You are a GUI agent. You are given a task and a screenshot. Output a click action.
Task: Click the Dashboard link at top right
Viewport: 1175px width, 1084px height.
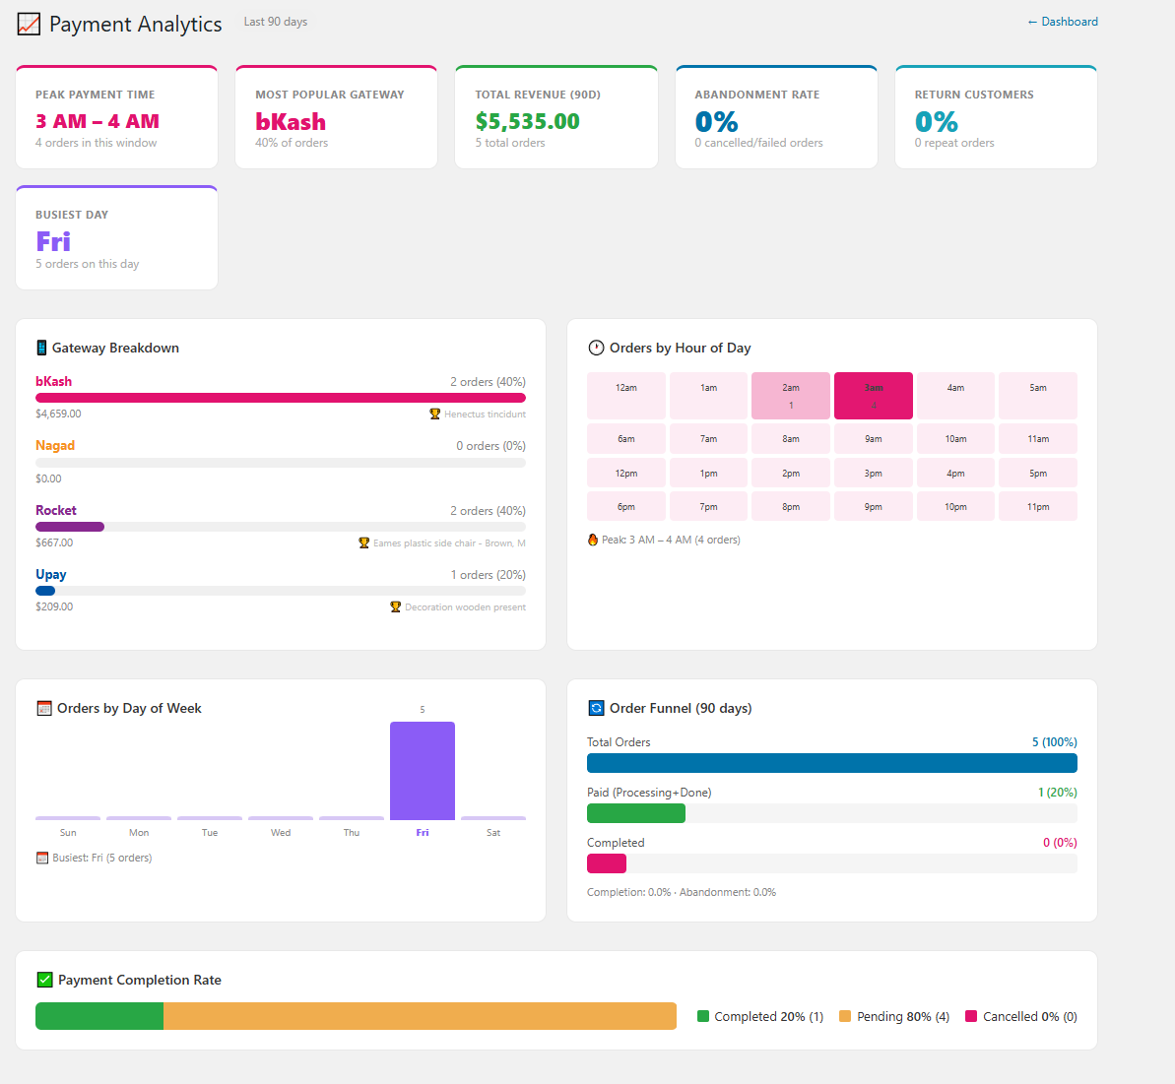1063,22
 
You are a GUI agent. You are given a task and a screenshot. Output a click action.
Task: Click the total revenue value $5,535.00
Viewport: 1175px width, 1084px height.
527,121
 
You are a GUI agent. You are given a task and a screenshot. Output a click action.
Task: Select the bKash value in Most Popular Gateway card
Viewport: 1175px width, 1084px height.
291,121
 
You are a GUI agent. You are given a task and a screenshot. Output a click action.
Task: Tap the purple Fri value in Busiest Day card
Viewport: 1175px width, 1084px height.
53,241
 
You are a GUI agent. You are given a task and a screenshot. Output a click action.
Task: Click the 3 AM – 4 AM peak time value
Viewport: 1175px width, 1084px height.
98,121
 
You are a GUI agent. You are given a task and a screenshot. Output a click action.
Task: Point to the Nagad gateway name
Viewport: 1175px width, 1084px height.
55,445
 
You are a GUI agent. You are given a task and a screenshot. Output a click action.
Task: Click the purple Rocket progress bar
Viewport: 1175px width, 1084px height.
70,527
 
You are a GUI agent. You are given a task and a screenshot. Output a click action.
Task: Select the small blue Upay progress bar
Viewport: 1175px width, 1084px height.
45,591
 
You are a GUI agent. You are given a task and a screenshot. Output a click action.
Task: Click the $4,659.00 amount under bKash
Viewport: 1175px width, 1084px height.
58,414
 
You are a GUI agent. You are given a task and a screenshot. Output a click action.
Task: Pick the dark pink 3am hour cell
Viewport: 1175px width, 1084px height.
873,396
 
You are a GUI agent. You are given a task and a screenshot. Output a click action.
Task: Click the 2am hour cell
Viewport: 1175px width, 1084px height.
791,396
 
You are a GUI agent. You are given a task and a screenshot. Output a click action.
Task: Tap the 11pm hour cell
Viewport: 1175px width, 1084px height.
1038,507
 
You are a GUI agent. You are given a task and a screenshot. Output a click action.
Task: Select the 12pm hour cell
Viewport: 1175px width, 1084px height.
626,474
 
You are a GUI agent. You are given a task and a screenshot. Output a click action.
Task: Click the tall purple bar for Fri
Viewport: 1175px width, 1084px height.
423,771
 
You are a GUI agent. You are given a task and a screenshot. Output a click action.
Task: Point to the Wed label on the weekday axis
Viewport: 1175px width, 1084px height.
281,833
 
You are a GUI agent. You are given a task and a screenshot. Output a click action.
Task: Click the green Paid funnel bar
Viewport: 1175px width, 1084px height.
636,813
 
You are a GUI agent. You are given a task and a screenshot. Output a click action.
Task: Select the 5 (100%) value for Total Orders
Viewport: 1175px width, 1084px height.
1054,742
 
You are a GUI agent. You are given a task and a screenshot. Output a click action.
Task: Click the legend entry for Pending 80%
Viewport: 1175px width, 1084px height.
893,1017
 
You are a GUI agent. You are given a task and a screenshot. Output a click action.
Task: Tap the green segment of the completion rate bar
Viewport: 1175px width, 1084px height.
99,1016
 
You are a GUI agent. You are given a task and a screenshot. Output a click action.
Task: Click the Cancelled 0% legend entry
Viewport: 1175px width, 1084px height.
1020,1017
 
